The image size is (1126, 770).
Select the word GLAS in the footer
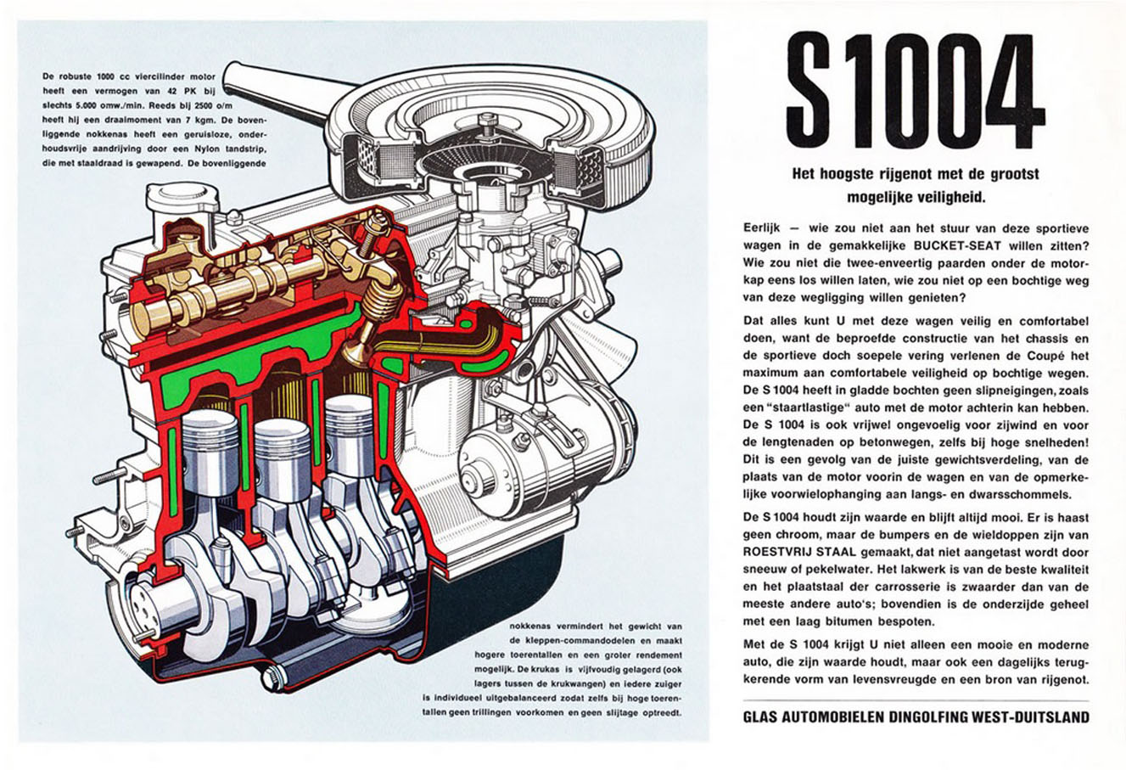coord(760,717)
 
